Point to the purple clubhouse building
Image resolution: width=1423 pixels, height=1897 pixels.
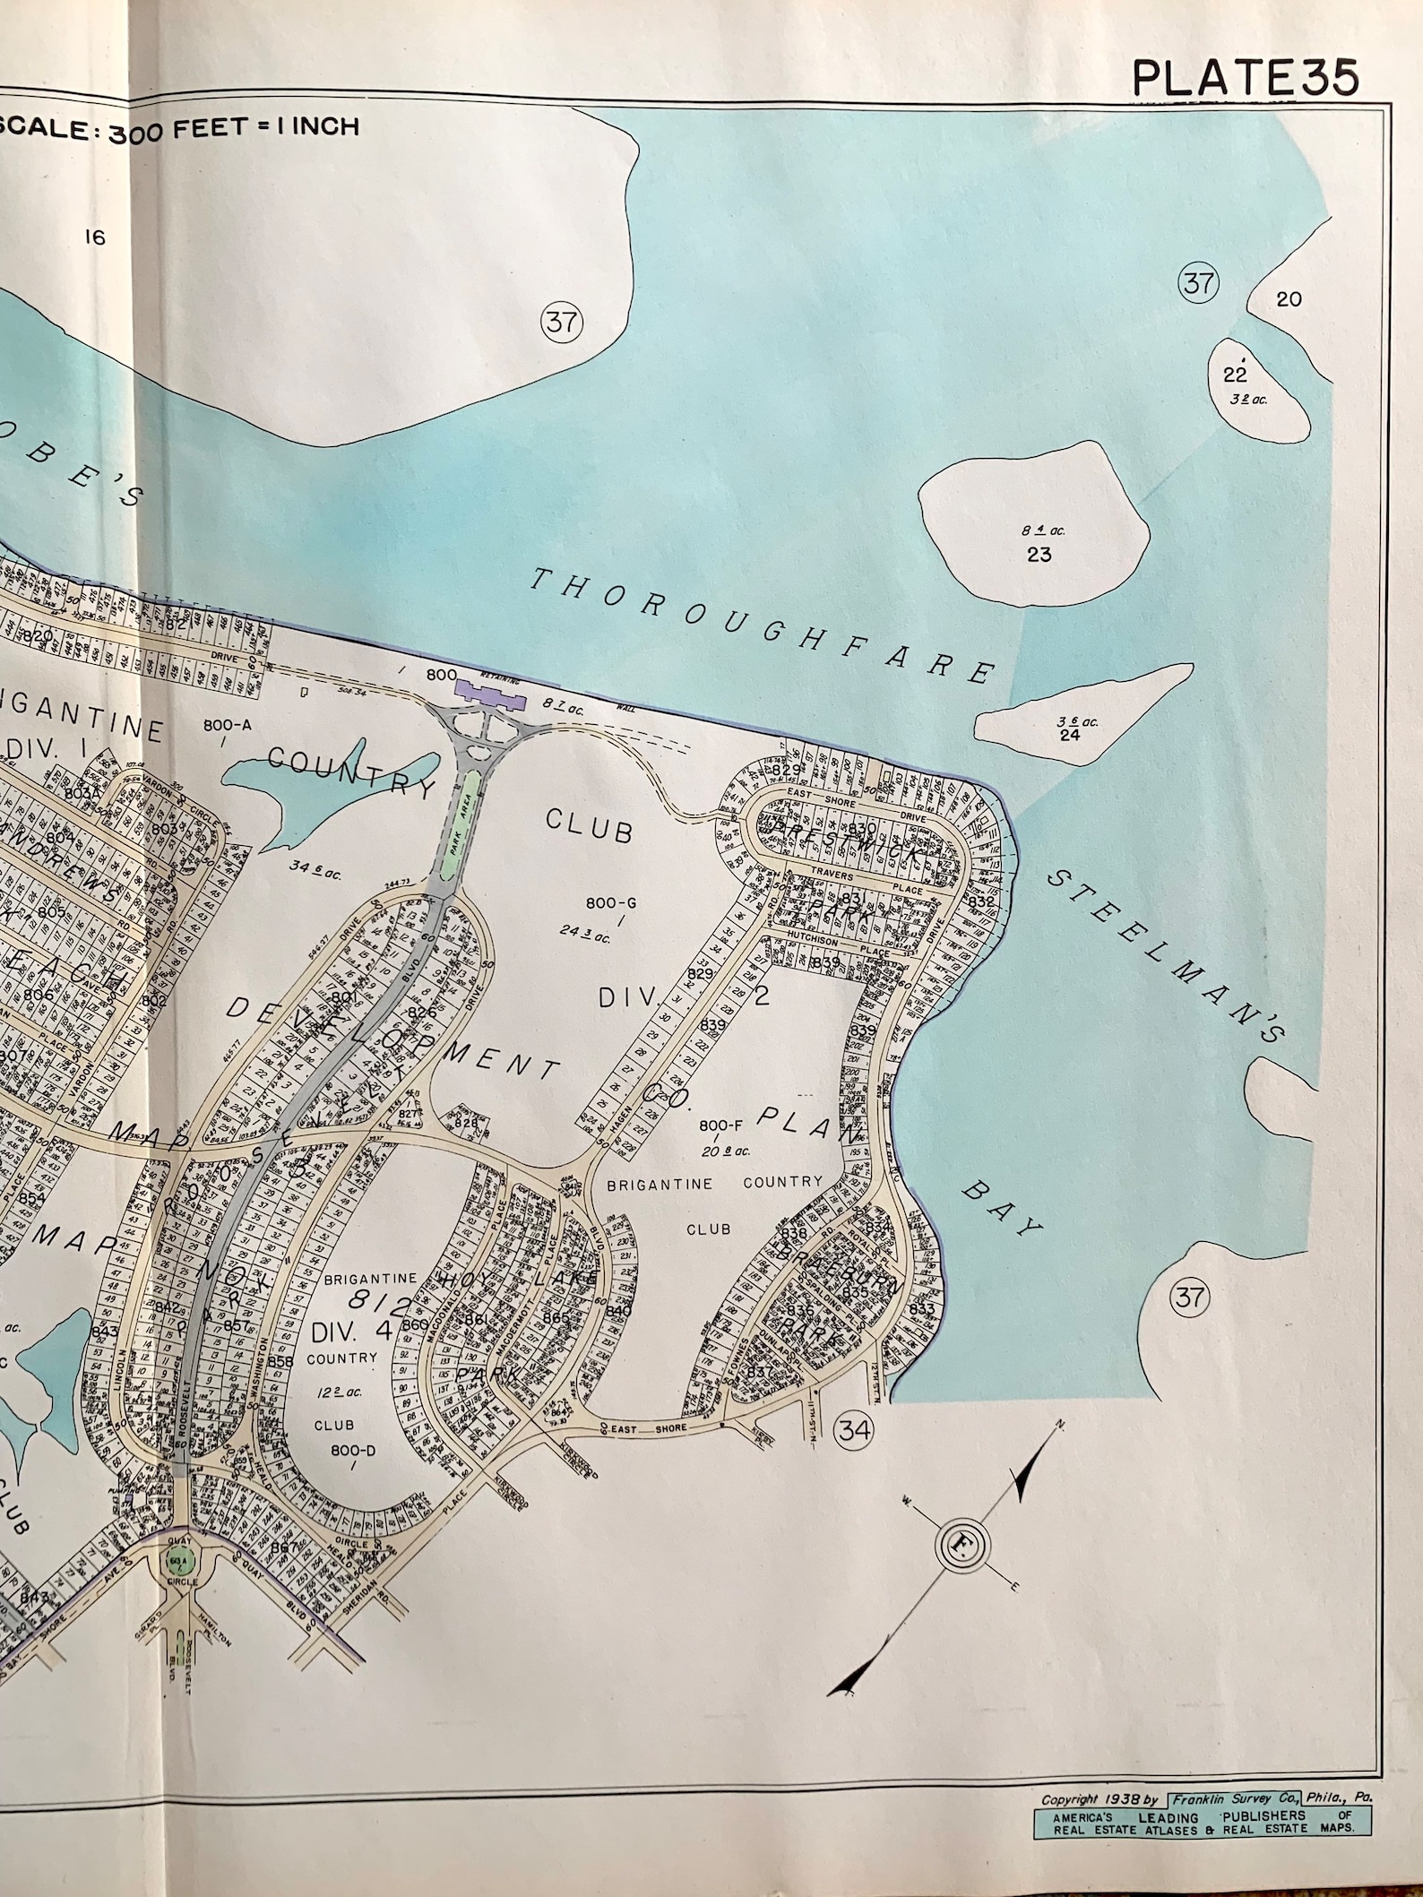[489, 692]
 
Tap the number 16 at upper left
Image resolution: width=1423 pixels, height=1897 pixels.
[94, 237]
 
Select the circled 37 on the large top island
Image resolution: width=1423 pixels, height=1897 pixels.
[561, 321]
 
